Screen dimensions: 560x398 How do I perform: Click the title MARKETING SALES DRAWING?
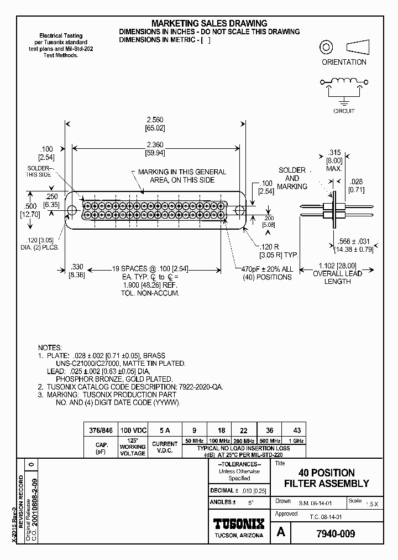[210, 23]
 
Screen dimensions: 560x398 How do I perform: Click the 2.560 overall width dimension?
[154, 120]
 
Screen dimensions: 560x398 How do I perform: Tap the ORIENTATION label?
[344, 62]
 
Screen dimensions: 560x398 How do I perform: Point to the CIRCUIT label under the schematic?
[344, 111]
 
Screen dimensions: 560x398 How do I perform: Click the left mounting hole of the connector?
[72, 210]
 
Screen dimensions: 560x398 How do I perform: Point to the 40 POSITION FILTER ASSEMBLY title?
[326, 478]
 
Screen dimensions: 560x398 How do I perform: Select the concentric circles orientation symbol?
[326, 47]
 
